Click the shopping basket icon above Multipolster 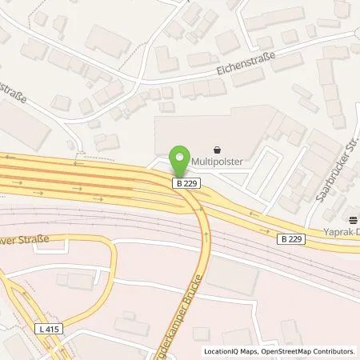point(218,148)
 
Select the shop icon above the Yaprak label point(353,218)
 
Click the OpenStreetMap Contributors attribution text point(309,351)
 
